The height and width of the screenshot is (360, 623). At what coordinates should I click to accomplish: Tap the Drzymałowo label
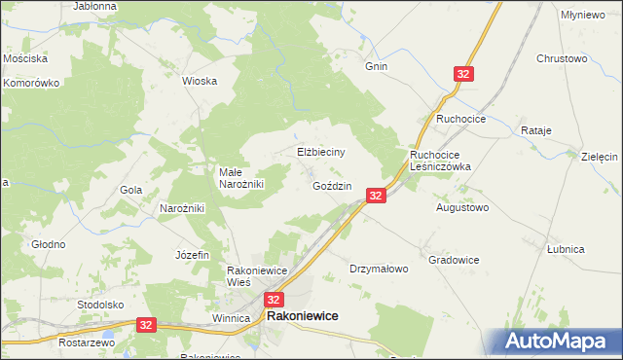tap(379, 269)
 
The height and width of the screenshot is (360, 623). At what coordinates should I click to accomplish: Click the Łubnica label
tap(566, 249)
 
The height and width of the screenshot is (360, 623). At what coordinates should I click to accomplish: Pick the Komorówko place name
tap(31, 83)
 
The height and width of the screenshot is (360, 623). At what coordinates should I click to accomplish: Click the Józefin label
tap(192, 255)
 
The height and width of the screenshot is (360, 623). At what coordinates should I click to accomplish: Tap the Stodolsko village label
tap(101, 305)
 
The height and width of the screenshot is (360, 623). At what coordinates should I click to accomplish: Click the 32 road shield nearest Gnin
tap(464, 74)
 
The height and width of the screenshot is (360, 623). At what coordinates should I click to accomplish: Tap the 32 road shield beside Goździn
tap(378, 196)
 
